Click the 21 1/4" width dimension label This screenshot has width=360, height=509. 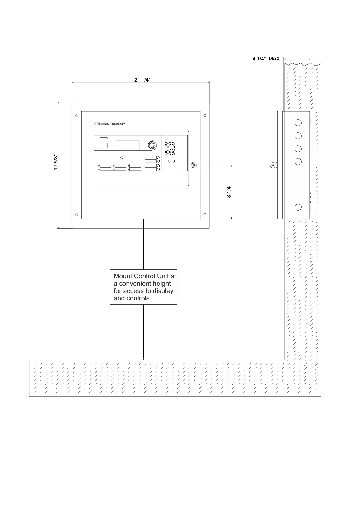[x=142, y=80]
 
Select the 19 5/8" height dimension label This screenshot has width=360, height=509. [x=56, y=162]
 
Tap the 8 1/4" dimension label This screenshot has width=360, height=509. [x=229, y=192]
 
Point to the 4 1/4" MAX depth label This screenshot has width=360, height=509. [x=266, y=59]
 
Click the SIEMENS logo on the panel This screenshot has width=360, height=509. [x=101, y=124]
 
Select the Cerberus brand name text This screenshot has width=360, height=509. [x=119, y=124]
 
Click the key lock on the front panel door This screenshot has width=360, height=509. [x=194, y=165]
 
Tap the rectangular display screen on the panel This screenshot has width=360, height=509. [x=127, y=145]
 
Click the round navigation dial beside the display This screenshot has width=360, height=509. [x=152, y=145]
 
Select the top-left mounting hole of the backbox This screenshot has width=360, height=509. [x=77, y=115]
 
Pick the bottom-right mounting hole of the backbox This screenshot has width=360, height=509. [x=205, y=215]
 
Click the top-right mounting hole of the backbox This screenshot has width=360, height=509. [x=205, y=115]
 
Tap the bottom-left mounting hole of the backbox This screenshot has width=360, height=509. [x=77, y=215]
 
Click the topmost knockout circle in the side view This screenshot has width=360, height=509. [x=298, y=123]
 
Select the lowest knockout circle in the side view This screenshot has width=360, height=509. [x=298, y=207]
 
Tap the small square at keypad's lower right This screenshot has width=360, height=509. [x=185, y=169]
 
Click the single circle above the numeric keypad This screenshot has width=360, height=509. [x=166, y=138]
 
